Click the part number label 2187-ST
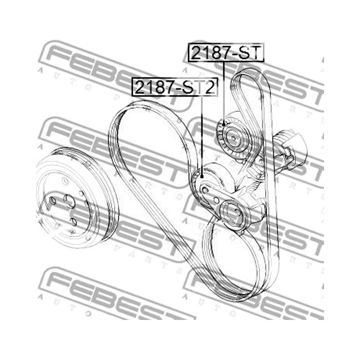click(226, 52)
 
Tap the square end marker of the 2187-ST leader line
click(224, 125)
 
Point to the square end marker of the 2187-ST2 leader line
click(202, 176)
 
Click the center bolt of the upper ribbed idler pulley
click(233, 139)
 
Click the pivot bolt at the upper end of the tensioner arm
click(205, 190)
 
